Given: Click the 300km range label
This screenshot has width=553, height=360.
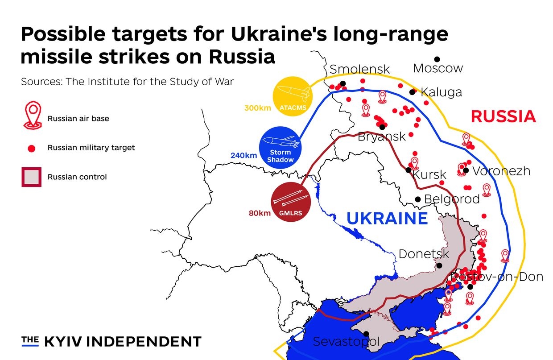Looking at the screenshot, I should (x=257, y=108).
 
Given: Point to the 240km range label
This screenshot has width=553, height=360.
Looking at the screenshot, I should (x=243, y=156).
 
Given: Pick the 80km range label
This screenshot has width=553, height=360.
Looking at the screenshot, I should (x=260, y=213).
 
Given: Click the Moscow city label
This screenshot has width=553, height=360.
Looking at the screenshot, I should (x=438, y=68).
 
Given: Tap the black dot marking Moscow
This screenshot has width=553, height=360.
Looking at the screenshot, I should (x=437, y=59).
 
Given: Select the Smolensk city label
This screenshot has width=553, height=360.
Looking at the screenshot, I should (x=359, y=70).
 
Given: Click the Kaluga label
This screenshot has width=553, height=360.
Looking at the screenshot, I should (x=441, y=92).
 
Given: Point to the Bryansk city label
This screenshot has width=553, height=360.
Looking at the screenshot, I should (x=382, y=137).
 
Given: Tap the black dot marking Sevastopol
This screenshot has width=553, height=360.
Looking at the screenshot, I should (x=366, y=334).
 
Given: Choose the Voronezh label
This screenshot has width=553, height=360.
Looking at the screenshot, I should (x=501, y=171).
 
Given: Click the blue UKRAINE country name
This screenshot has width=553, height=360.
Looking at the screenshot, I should (x=387, y=219).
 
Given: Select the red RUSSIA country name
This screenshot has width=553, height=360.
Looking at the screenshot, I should (x=503, y=116).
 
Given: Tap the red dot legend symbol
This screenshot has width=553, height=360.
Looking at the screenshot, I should (x=32, y=148).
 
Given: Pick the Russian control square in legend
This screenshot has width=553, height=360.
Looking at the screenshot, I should (x=31, y=177).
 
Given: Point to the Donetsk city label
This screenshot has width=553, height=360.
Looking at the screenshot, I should (x=424, y=254).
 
